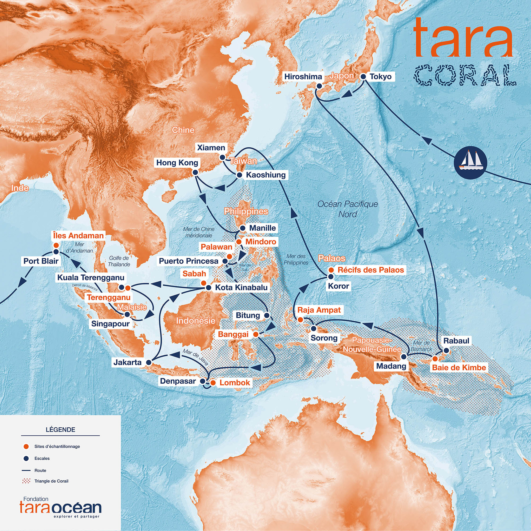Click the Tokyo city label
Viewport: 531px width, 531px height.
coord(381,77)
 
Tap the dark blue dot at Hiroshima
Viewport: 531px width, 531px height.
coord(319,86)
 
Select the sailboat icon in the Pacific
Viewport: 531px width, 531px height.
coord(470,162)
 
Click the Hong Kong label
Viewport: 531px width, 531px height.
coord(177,163)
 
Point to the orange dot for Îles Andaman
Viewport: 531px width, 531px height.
coord(56,245)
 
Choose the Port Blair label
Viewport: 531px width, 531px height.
coord(41,261)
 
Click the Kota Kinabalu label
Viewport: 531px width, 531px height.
coord(241,287)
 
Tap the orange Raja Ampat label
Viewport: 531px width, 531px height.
coord(319,310)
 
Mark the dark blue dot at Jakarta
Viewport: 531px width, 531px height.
coord(149,362)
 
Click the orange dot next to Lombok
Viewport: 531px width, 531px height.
coord(213,383)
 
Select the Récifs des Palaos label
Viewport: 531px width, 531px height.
coord(371,270)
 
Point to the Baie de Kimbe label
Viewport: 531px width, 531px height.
coord(459,368)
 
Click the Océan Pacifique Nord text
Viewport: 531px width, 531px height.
coord(348,209)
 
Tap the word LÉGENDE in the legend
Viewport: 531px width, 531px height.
coord(61,430)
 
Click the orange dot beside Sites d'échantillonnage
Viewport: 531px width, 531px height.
coord(26,446)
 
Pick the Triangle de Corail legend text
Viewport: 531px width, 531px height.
coord(51,481)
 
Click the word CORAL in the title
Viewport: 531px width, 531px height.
coord(465,75)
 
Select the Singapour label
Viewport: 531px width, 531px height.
coord(110,324)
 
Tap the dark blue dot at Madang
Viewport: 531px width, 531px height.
coord(404,357)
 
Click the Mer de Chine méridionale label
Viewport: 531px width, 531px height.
coord(199,232)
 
